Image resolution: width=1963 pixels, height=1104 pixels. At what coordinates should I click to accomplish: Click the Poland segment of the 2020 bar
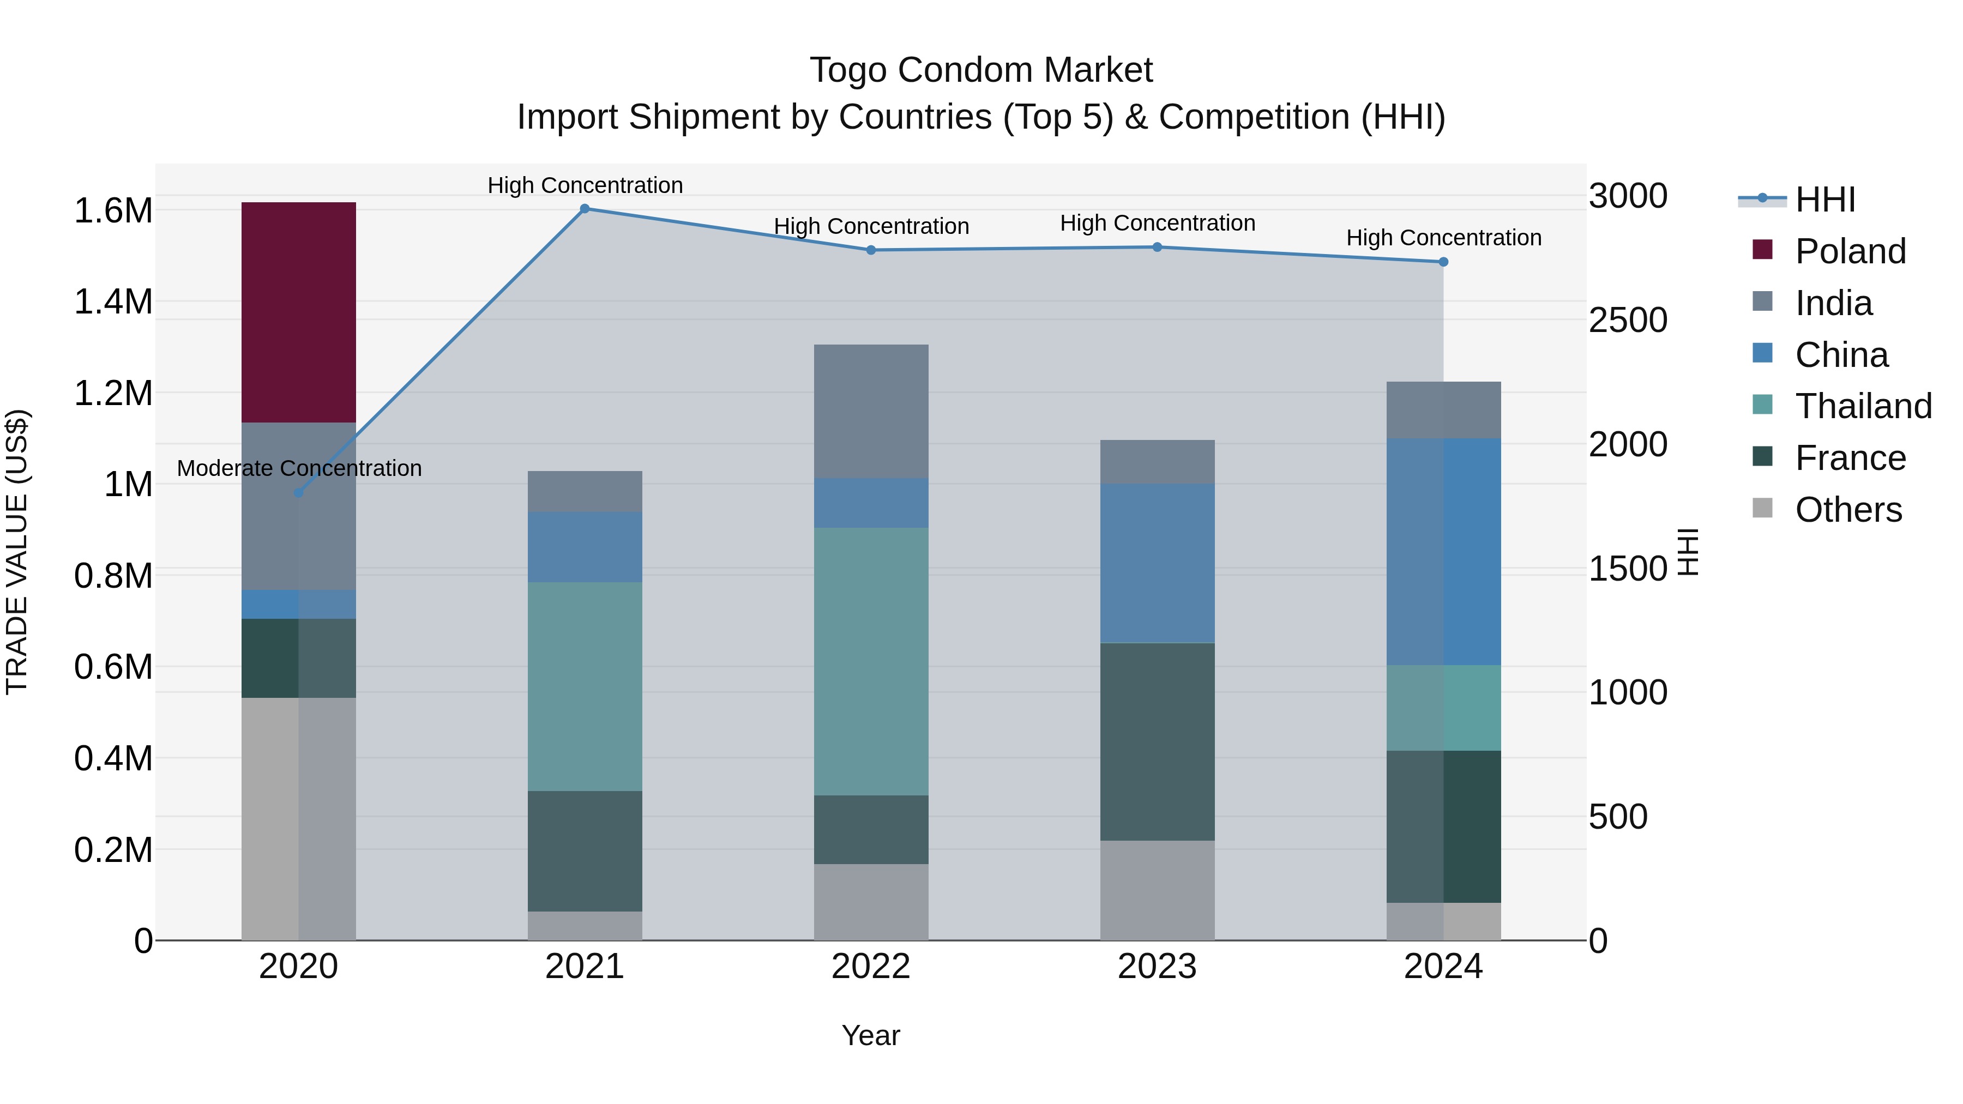[299, 312]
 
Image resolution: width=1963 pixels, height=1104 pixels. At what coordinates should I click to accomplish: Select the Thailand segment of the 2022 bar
[871, 661]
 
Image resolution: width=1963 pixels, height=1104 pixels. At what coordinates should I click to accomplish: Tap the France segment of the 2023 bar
[1157, 741]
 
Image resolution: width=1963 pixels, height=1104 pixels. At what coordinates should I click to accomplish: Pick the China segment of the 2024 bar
[1443, 552]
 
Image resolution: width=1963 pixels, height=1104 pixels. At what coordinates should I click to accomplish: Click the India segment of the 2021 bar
[585, 491]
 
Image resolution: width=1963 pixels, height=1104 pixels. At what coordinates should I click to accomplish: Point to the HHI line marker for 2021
[585, 209]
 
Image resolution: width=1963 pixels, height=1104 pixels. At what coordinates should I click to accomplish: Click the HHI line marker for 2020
[299, 493]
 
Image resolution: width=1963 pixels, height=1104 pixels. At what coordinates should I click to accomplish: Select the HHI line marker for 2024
[1443, 262]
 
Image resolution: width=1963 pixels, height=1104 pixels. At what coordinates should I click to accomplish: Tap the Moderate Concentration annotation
[299, 468]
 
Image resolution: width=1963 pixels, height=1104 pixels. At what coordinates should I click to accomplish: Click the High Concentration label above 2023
[1157, 223]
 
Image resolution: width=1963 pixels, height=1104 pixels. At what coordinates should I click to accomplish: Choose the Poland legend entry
[1850, 251]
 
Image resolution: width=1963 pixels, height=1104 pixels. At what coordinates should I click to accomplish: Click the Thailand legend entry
[1863, 406]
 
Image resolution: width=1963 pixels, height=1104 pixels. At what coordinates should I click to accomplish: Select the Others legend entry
[1848, 510]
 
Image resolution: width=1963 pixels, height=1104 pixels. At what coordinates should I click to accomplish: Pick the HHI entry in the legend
[1824, 200]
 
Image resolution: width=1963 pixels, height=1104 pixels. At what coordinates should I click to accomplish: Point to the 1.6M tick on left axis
[113, 211]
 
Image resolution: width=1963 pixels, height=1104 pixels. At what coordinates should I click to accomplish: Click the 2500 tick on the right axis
[1628, 320]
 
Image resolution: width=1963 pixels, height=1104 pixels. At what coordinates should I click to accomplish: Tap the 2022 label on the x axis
[871, 966]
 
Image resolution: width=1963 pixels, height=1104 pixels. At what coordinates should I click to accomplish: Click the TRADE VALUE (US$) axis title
[17, 552]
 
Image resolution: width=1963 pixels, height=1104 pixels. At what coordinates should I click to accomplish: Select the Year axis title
[871, 1035]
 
